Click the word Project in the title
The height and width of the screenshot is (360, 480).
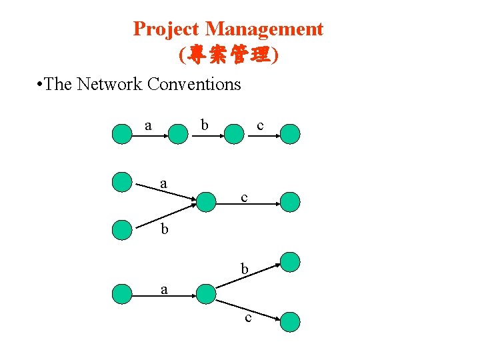[x=167, y=29]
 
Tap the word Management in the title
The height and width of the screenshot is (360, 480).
[x=264, y=29]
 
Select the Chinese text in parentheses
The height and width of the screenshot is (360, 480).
[x=229, y=55]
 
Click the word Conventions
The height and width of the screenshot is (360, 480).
[x=194, y=84]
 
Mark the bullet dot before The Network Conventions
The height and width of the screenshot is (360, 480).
[x=41, y=85]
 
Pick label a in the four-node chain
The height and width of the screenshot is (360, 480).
[x=149, y=125]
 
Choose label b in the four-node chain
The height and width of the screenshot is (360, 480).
[x=205, y=125]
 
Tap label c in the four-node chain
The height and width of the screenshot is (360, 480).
[x=260, y=125]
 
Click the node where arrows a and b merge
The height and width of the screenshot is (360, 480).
[x=207, y=201]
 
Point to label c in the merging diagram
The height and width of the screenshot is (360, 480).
[x=245, y=197]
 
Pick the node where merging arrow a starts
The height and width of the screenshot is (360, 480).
[x=122, y=181]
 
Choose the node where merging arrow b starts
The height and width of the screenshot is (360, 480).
[x=122, y=229]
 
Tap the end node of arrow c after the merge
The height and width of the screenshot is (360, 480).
[x=290, y=201]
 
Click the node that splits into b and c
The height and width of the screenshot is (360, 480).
[x=206, y=293]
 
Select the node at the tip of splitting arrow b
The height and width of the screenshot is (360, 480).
[x=290, y=261]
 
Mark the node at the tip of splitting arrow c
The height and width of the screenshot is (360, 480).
[x=290, y=323]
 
